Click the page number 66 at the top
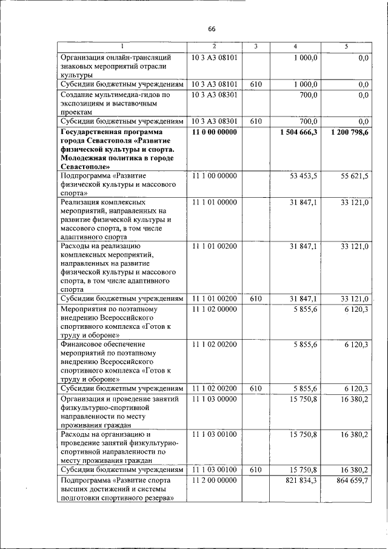[x=212, y=29]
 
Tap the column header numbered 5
[x=346, y=47]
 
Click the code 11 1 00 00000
[x=214, y=175]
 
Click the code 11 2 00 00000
[x=214, y=480]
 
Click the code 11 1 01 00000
[x=214, y=202]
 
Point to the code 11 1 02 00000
[x=214, y=309]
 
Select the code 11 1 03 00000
[x=214, y=399]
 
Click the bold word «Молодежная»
[x=83, y=157]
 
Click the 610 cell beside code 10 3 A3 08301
[x=255, y=121]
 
